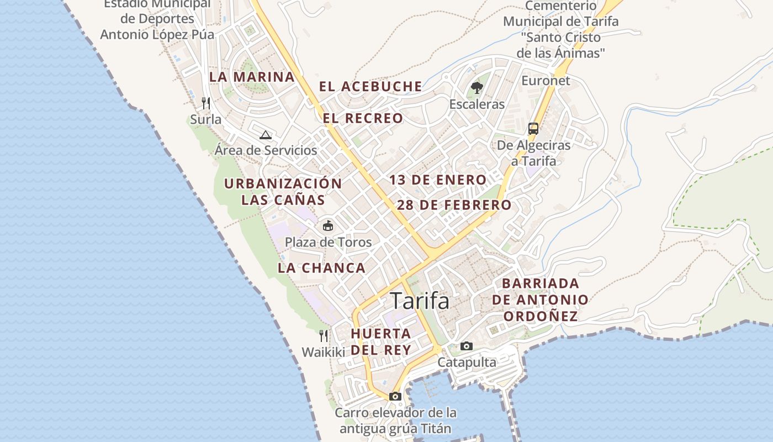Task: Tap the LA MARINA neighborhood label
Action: tap(252, 77)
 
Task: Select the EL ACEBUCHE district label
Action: tap(370, 87)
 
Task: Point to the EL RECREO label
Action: tap(363, 118)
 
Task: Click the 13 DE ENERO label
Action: tap(438, 180)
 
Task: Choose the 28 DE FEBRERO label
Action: tap(454, 205)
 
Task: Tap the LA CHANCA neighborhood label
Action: tap(321, 268)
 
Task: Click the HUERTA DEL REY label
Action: tap(381, 341)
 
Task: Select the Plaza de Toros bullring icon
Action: tap(328, 225)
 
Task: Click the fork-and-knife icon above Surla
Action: tap(206, 103)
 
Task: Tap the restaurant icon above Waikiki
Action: tap(324, 335)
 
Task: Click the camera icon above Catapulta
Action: tap(467, 346)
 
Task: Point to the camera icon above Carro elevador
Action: tap(395, 396)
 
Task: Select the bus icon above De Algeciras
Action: tap(533, 129)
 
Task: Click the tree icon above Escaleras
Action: tap(476, 87)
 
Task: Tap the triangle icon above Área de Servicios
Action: tap(266, 135)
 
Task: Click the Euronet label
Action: tap(546, 81)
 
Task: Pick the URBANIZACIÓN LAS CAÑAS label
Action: tap(283, 191)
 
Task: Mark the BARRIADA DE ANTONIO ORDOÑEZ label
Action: tap(540, 299)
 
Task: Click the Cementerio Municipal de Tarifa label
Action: tap(560, 30)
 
